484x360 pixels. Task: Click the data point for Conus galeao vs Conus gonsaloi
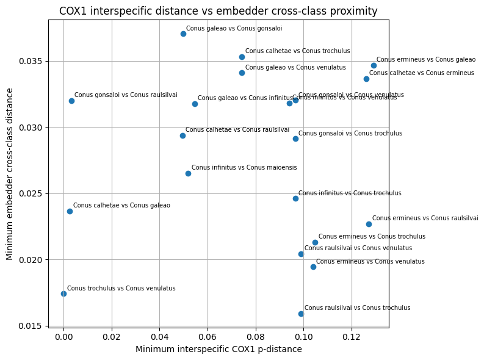click(x=183, y=34)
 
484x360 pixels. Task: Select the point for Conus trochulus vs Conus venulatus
click(x=63, y=293)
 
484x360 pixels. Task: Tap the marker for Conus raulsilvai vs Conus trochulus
click(x=301, y=314)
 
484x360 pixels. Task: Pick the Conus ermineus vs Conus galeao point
click(x=374, y=65)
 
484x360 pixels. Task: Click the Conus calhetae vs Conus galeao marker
click(x=70, y=211)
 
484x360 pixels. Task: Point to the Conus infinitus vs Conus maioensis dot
click(x=188, y=173)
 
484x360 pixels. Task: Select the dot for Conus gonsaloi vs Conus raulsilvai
click(x=71, y=101)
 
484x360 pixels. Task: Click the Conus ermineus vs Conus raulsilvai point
click(x=369, y=224)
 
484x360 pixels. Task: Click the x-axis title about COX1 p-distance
click(x=219, y=350)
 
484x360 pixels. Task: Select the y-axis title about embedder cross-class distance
click(x=10, y=174)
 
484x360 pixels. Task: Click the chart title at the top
click(x=219, y=11)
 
